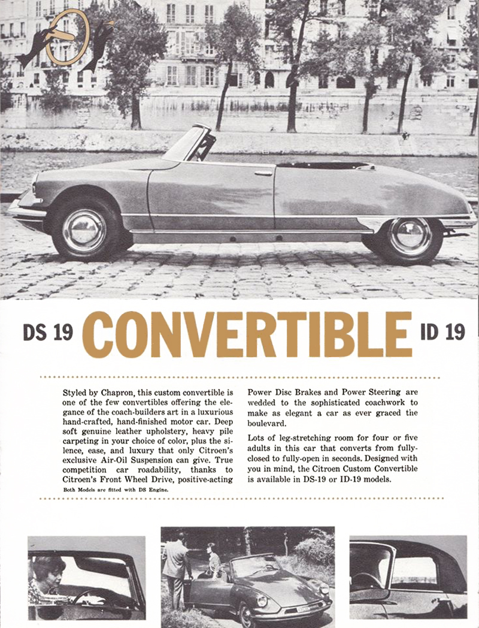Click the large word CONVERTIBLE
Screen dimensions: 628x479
(247, 334)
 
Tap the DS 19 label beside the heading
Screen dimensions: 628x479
(48, 333)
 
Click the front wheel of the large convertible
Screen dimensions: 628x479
(84, 231)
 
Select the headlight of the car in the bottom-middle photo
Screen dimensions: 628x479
(262, 600)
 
